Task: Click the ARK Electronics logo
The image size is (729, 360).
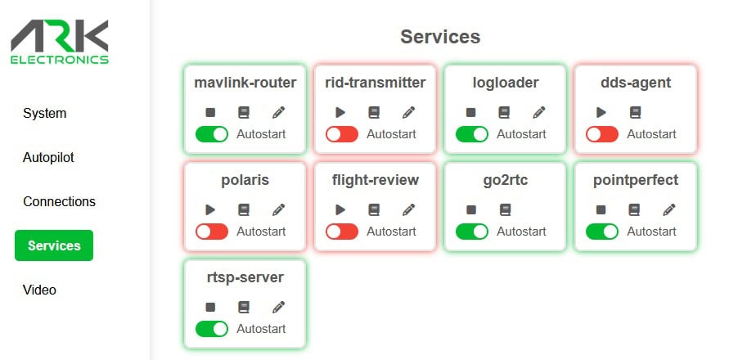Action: tap(60, 42)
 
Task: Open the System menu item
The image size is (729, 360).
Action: tap(45, 113)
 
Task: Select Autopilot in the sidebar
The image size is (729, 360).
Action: tap(48, 157)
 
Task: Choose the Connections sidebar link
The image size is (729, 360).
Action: tap(59, 201)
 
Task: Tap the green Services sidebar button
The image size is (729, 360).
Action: tap(54, 245)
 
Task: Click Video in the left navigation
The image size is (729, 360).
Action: tap(39, 290)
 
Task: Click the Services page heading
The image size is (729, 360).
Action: tap(440, 37)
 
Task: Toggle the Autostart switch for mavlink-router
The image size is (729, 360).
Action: tap(212, 134)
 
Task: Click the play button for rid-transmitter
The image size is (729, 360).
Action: tap(340, 112)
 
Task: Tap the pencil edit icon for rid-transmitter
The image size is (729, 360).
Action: tap(408, 112)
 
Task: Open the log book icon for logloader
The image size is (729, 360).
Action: tap(505, 112)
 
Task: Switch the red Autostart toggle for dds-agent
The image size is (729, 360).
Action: tap(602, 134)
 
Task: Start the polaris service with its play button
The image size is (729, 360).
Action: tap(210, 209)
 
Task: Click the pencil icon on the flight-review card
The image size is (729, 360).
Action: tap(408, 209)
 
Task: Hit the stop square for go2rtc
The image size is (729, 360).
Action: tap(471, 209)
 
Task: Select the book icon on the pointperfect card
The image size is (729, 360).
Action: tap(635, 209)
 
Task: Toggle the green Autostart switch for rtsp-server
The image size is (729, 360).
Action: tap(212, 329)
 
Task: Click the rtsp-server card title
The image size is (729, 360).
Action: tap(245, 277)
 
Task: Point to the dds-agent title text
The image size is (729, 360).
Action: tap(636, 83)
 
